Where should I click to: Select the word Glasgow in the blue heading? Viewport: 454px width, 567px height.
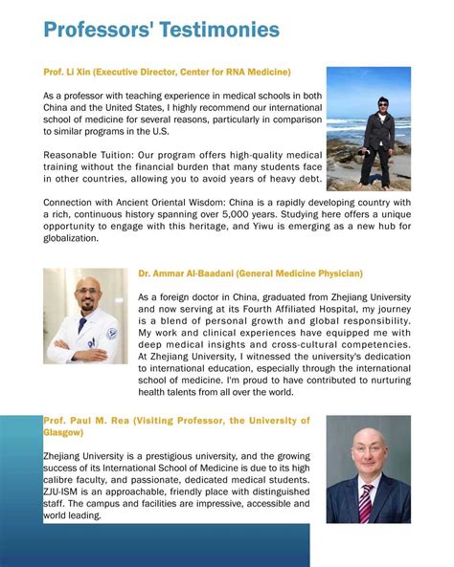click(x=64, y=432)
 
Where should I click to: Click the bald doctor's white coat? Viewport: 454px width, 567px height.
click(x=84, y=344)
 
